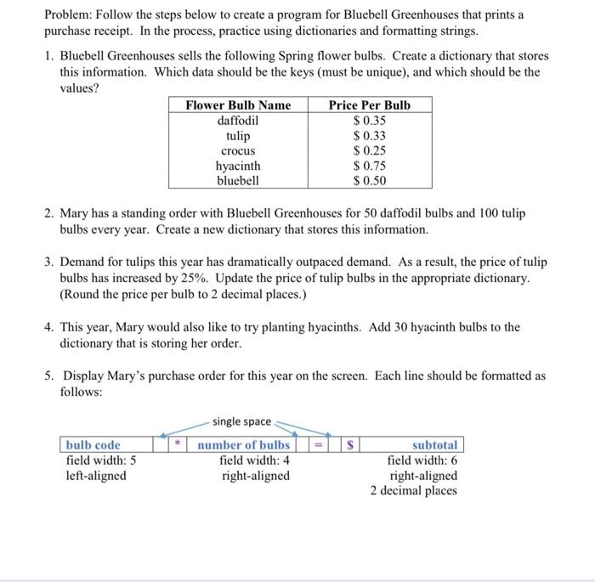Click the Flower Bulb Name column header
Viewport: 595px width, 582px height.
coord(238,105)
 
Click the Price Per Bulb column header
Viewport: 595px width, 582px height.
coord(369,105)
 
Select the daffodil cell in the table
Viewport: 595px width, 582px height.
coord(238,121)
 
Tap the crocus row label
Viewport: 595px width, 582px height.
coord(238,150)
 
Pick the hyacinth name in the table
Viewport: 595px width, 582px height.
coord(238,166)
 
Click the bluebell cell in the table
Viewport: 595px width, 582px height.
coord(238,180)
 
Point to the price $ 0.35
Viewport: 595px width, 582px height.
coord(369,121)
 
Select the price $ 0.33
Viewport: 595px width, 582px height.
coord(369,136)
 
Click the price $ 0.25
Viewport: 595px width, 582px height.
coord(369,150)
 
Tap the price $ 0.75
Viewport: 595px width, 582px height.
coord(369,166)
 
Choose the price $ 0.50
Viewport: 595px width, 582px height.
coord(369,180)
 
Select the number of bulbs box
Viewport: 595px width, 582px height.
coord(244,445)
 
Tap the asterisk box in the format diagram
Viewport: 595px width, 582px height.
coord(178,444)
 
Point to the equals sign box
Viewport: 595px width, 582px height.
coord(317,444)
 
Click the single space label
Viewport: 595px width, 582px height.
coord(241,421)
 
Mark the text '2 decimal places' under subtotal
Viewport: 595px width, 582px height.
coord(413,491)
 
